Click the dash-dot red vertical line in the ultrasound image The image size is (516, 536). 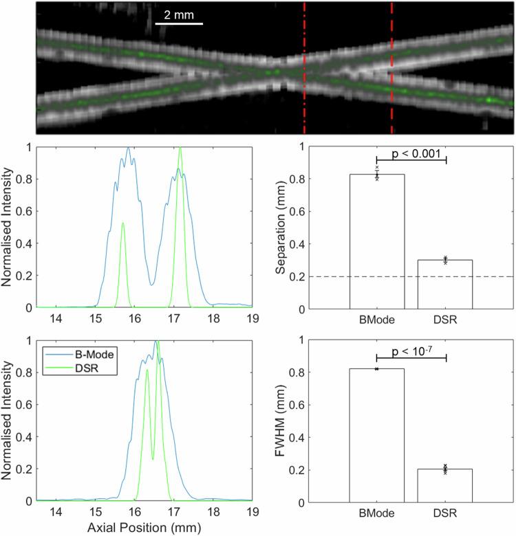click(x=304, y=69)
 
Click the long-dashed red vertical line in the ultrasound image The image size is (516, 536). click(x=391, y=69)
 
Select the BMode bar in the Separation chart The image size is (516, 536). click(x=377, y=241)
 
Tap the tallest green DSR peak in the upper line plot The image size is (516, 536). click(x=180, y=148)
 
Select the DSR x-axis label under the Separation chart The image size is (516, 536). click(x=445, y=320)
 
